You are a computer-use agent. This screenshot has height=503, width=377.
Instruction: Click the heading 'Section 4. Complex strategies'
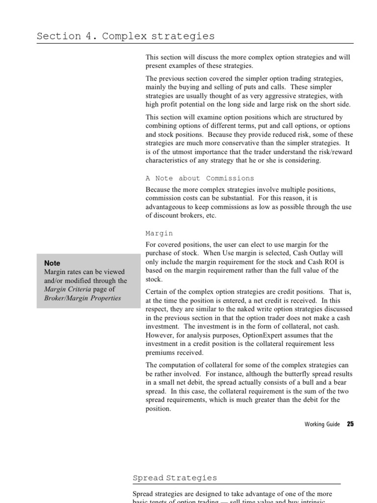pos(126,36)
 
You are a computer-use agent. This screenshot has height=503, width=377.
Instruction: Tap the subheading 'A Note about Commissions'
pos(200,178)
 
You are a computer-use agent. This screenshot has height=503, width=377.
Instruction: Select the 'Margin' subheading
pos(160,233)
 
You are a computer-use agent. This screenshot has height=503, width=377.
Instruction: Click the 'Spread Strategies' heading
pos(175,477)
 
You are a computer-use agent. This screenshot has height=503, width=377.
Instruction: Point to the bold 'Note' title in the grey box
pos(52,263)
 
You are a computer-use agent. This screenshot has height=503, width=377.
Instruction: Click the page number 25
pos(350,424)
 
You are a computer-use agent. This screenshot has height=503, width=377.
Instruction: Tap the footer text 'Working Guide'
pos(322,424)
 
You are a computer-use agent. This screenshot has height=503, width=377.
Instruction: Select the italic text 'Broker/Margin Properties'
pos(82,298)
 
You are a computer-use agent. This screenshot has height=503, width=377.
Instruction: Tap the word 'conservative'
pos(230,143)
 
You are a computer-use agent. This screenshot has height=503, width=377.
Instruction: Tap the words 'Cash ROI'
pos(325,262)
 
